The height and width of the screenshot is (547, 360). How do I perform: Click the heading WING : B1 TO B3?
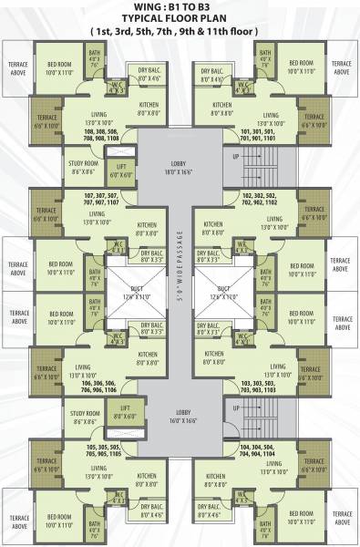coord(180,8)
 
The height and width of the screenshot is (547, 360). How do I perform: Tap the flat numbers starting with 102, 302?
coord(258,200)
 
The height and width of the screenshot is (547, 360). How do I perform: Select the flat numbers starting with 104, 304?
coord(258,449)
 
